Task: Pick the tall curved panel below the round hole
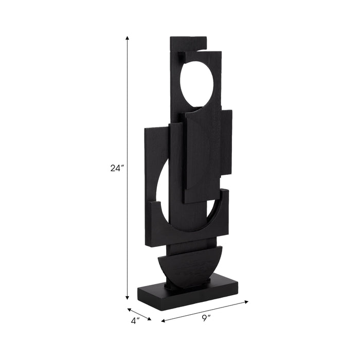pyautogui.click(x=202, y=154)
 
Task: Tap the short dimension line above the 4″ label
pyautogui.click(x=139, y=314)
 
